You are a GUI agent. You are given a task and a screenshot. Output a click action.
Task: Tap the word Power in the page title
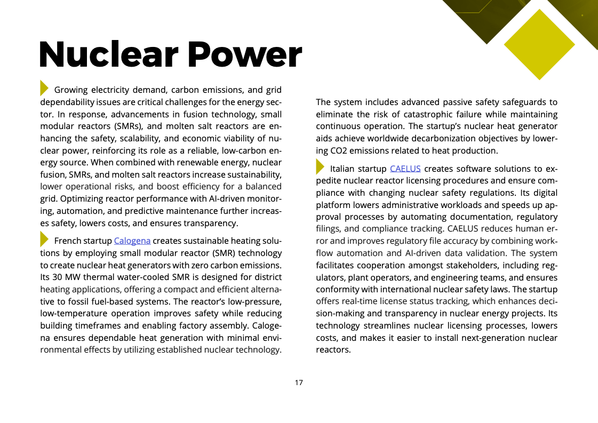243,54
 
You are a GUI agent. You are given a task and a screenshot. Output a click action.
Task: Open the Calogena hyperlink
132,241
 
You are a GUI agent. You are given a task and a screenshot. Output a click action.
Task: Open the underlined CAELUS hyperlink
405,169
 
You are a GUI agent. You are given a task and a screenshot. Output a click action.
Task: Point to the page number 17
299,382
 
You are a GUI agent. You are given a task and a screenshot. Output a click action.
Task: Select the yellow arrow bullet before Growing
45,88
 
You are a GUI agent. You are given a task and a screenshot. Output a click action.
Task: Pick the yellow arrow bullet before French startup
45,239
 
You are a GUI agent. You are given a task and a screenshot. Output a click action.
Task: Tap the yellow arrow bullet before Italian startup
320,167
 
